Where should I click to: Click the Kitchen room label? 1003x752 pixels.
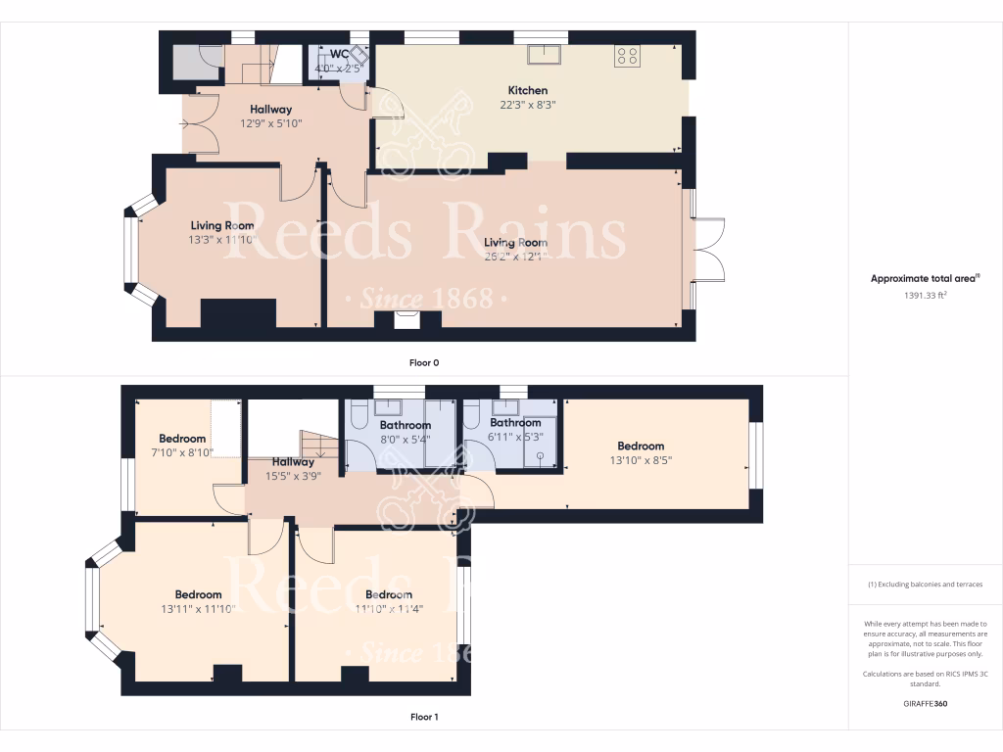[527, 90]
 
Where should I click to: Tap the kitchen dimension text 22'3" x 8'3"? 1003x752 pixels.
[527, 104]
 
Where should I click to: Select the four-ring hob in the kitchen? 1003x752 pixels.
[626, 57]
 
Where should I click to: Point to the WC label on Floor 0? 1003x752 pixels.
[339, 54]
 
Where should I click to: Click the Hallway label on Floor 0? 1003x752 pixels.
[270, 110]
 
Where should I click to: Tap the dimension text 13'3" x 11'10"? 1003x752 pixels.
[221, 239]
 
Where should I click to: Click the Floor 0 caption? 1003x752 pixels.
[424, 362]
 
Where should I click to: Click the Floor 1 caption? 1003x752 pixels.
[424, 717]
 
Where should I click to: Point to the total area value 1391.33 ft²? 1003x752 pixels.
[926, 294]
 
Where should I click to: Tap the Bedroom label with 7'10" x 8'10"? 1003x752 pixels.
[182, 439]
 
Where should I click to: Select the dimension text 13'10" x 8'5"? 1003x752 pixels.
[641, 459]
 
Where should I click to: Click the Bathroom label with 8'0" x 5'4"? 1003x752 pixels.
[405, 426]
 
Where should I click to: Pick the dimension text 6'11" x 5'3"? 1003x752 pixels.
[514, 437]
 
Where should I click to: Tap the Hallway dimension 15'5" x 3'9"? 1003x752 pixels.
[293, 476]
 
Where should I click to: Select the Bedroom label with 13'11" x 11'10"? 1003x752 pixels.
[198, 594]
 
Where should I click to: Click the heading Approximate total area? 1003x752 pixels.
[925, 279]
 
